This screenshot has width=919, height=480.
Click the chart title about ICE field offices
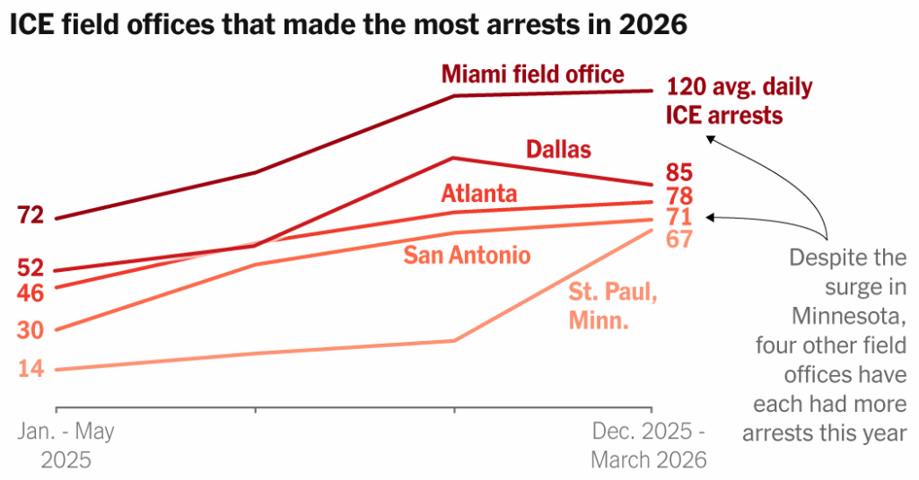[x=348, y=25]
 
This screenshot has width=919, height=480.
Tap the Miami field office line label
[x=532, y=74]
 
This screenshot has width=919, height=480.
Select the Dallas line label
[x=558, y=149]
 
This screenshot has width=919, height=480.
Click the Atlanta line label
[x=478, y=194]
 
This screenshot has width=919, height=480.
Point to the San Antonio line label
[x=467, y=256]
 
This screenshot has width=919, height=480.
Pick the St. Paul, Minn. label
[x=613, y=305]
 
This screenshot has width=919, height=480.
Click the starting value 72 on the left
[x=30, y=215]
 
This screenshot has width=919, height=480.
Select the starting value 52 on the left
[x=30, y=268]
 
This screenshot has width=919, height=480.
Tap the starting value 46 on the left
[x=30, y=292]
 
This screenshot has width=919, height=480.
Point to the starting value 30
[x=30, y=331]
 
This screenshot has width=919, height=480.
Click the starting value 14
[x=30, y=370]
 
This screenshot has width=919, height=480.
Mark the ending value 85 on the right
[x=678, y=172]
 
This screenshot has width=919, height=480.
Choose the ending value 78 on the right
[x=678, y=196]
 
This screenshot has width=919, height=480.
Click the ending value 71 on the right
[x=678, y=217]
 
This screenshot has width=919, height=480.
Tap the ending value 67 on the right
[x=678, y=240]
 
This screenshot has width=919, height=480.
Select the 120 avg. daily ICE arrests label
[x=738, y=101]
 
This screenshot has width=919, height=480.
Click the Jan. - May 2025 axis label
[x=66, y=446]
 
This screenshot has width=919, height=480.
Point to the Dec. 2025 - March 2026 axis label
[x=648, y=446]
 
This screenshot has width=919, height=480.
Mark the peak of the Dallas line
[x=455, y=158]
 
